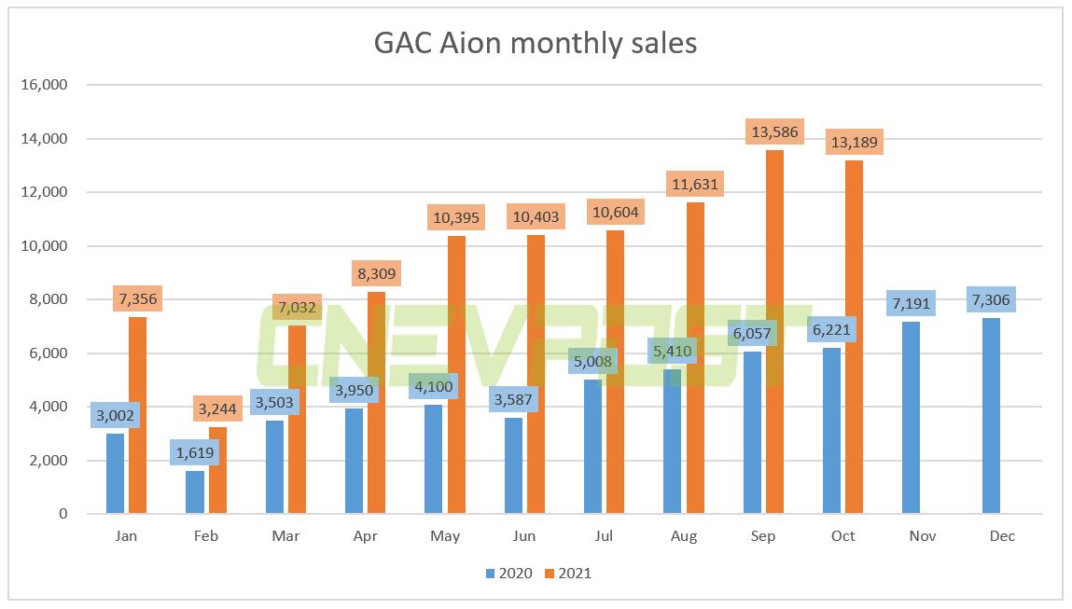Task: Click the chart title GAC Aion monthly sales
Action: tap(536, 43)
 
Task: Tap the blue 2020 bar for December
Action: tap(991, 420)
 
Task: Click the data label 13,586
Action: tap(774, 133)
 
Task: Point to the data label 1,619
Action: tap(195, 453)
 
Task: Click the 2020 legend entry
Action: tap(509, 574)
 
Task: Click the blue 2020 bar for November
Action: tap(911, 420)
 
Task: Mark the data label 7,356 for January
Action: tap(138, 300)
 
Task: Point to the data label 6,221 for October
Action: tap(831, 330)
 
